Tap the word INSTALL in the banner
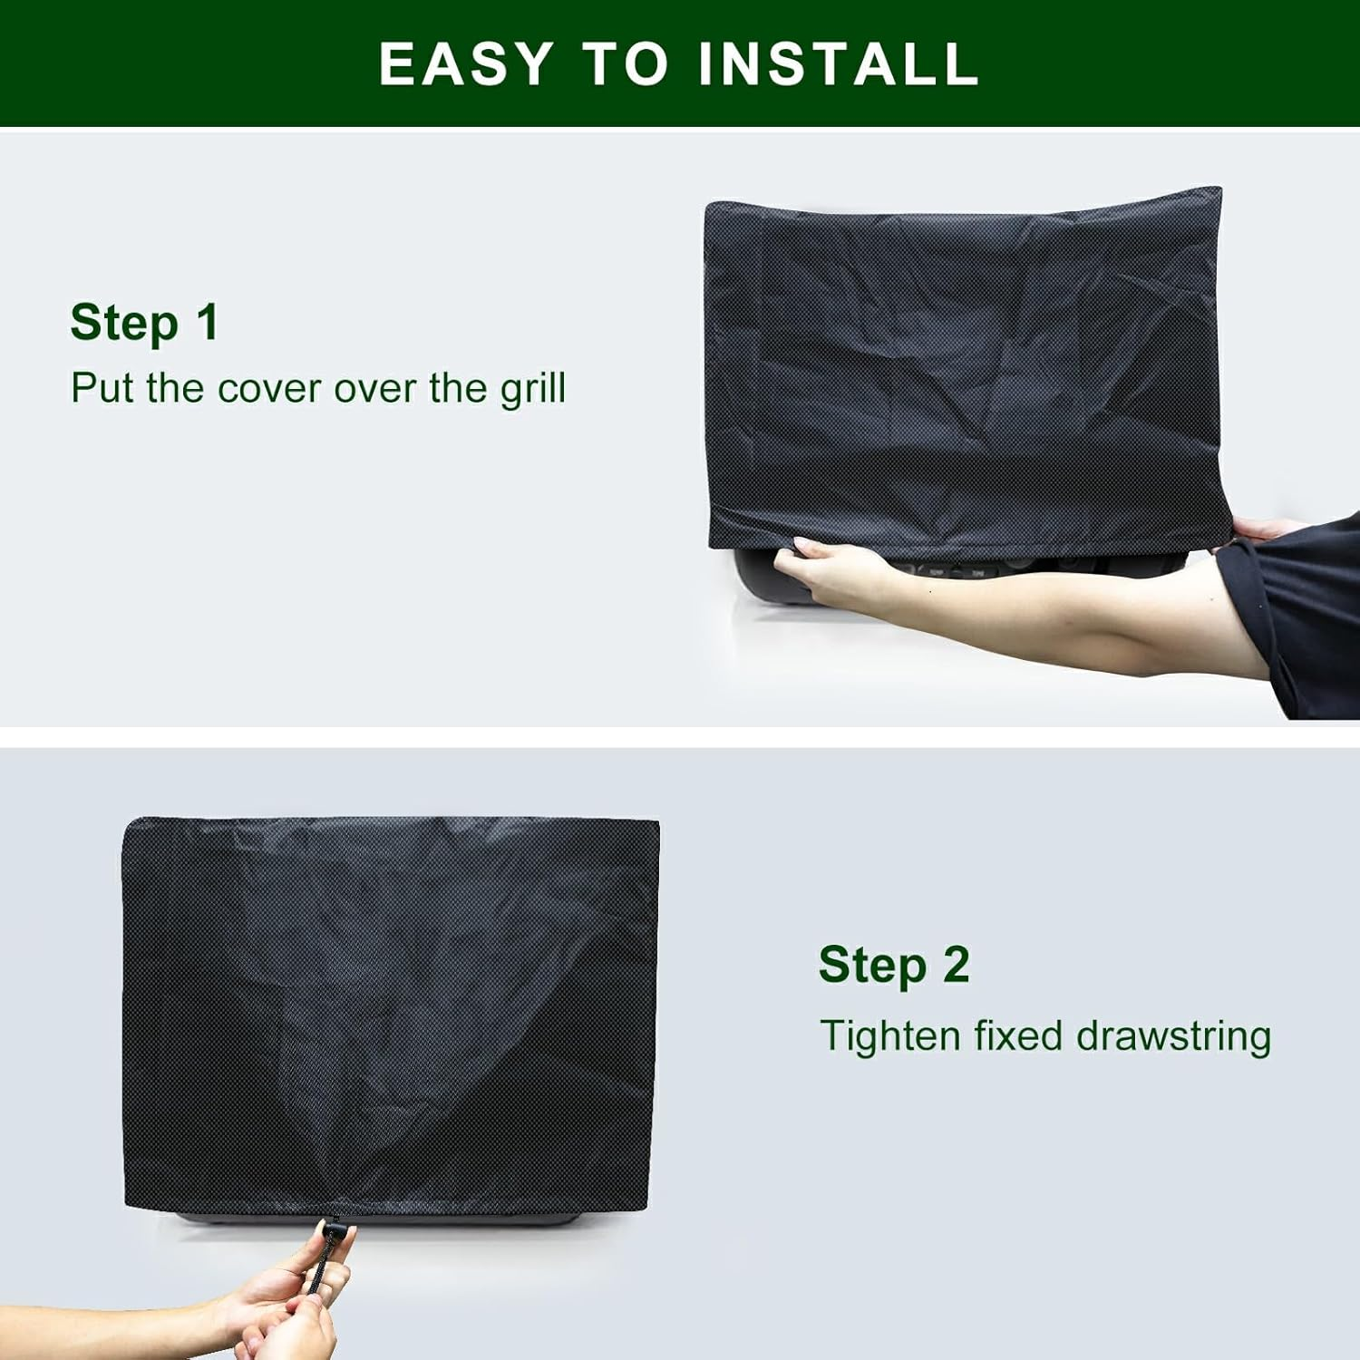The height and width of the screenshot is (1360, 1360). (839, 63)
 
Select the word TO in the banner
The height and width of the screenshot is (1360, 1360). (625, 63)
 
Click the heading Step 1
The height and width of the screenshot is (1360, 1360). (144, 323)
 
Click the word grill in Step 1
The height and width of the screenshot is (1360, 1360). (533, 390)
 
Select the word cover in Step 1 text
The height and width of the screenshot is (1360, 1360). (269, 389)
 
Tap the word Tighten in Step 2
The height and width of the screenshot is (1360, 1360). (889, 1036)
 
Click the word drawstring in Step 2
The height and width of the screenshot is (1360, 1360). (1173, 1036)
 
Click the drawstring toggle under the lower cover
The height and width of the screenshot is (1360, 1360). (333, 1230)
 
